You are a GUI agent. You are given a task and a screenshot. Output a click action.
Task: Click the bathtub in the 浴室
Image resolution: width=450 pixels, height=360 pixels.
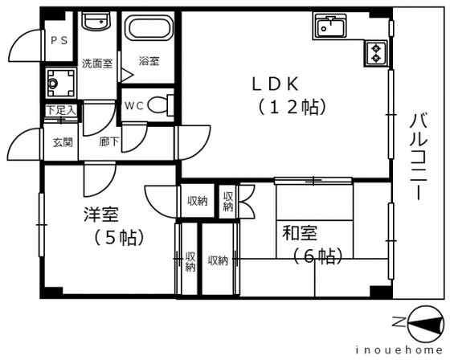149,27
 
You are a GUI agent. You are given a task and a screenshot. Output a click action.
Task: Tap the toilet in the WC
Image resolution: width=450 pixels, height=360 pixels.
161,105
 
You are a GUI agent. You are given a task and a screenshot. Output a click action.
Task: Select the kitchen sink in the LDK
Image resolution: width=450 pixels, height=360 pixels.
330,27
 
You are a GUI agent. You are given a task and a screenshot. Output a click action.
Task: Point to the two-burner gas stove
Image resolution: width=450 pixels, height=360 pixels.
375,53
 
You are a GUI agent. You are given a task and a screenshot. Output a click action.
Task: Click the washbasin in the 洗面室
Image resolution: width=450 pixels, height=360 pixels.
96,22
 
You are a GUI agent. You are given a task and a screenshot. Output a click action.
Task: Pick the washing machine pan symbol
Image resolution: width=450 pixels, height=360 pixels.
60,84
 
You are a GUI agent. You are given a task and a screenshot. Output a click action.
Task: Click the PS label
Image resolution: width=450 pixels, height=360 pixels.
59,41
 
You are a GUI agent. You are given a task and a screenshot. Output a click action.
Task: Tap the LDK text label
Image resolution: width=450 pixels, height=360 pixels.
275,84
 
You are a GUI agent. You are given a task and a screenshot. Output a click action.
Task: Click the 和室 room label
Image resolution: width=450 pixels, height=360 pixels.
300,233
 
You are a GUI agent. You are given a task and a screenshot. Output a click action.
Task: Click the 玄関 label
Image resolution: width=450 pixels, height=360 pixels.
63,142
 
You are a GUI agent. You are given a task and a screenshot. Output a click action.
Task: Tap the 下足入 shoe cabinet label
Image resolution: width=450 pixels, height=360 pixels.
61,110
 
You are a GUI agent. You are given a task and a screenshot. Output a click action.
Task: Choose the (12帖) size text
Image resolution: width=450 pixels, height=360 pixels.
292,107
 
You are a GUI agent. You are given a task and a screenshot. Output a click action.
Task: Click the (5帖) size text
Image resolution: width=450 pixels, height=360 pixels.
119,237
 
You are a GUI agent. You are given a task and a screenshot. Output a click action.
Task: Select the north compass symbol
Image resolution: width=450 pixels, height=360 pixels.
419,323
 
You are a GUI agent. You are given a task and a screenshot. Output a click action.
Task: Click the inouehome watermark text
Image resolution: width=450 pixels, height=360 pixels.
399,350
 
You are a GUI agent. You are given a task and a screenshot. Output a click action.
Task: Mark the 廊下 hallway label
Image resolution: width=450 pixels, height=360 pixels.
108,141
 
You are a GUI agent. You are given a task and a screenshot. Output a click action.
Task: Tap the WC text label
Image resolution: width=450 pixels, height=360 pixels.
134,106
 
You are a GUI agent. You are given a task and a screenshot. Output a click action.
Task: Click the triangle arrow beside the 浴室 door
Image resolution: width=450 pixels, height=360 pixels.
126,76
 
